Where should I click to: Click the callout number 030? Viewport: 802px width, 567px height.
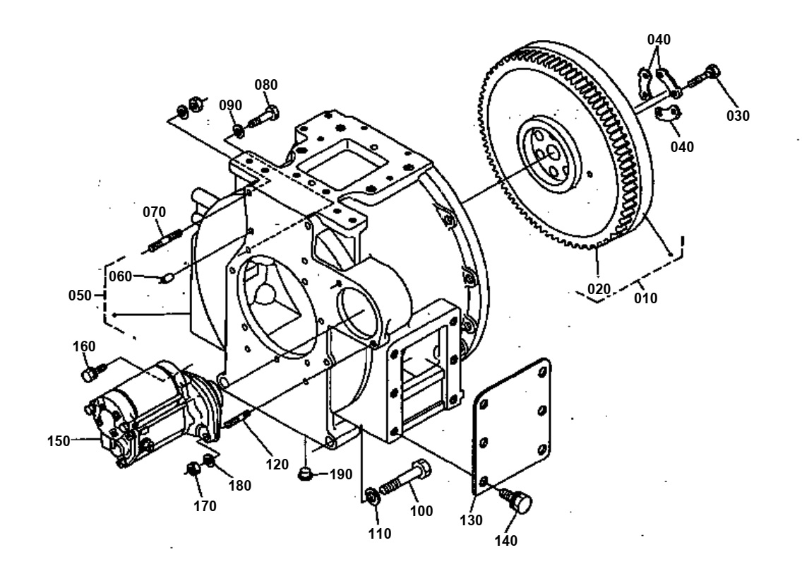(x=739, y=115)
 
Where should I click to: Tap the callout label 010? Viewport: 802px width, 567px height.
(x=645, y=298)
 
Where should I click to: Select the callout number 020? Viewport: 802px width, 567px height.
(x=599, y=288)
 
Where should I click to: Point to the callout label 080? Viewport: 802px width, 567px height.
(x=266, y=85)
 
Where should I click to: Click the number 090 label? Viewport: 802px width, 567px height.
(x=230, y=105)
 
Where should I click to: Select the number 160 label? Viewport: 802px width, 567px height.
(x=85, y=346)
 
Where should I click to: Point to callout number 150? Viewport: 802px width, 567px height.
(x=59, y=440)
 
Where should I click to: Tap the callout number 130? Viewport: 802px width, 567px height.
(x=471, y=520)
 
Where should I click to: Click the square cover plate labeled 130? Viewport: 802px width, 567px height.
(x=513, y=425)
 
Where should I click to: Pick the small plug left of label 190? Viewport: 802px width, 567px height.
(x=306, y=472)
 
